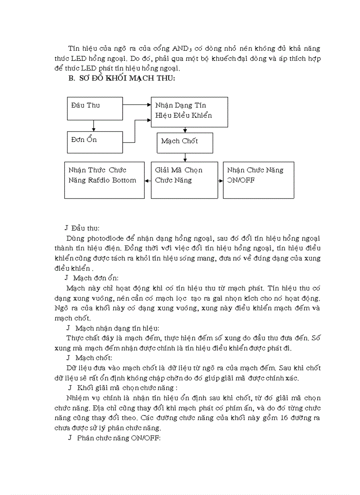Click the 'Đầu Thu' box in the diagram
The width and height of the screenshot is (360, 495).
click(94, 108)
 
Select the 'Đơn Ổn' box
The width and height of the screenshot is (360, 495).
click(94, 142)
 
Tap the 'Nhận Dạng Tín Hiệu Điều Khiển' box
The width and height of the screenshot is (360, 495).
click(189, 112)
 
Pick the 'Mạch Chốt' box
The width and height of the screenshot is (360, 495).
click(184, 143)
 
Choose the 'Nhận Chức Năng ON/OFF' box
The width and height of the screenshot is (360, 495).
click(258, 180)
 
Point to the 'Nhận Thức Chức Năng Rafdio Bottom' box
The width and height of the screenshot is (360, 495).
click(104, 180)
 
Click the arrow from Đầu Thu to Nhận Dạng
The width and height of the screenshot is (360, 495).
click(137, 105)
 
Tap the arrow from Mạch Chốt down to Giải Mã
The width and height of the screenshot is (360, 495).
click(185, 157)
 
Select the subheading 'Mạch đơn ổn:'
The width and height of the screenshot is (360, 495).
click(96, 278)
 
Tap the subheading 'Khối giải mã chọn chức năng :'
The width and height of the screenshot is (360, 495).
click(127, 387)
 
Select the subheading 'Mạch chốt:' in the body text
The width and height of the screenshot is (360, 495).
click(94, 357)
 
